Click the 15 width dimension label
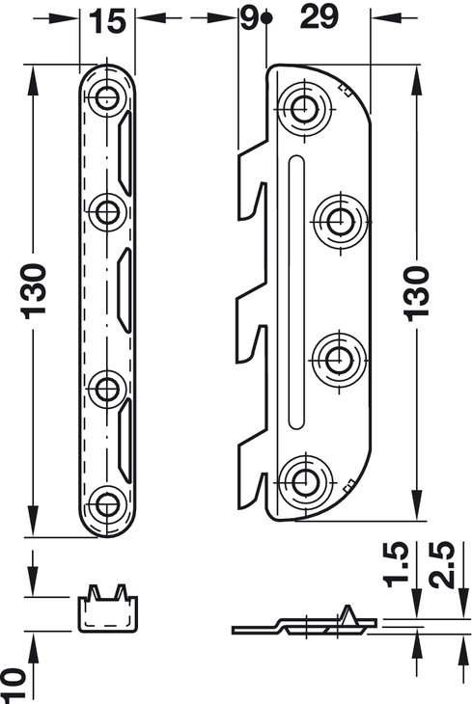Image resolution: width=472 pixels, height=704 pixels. pos(107,20)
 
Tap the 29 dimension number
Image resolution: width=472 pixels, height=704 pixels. pos(319,17)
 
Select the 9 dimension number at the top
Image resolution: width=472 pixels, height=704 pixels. pos(249,18)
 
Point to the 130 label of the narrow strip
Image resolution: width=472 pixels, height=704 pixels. pos(35,292)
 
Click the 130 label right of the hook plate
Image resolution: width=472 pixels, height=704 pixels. pos(417,294)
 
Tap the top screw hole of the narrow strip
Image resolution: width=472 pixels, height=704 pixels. pos(106,96)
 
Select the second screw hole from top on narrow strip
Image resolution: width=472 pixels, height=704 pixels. pos(106,212)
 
